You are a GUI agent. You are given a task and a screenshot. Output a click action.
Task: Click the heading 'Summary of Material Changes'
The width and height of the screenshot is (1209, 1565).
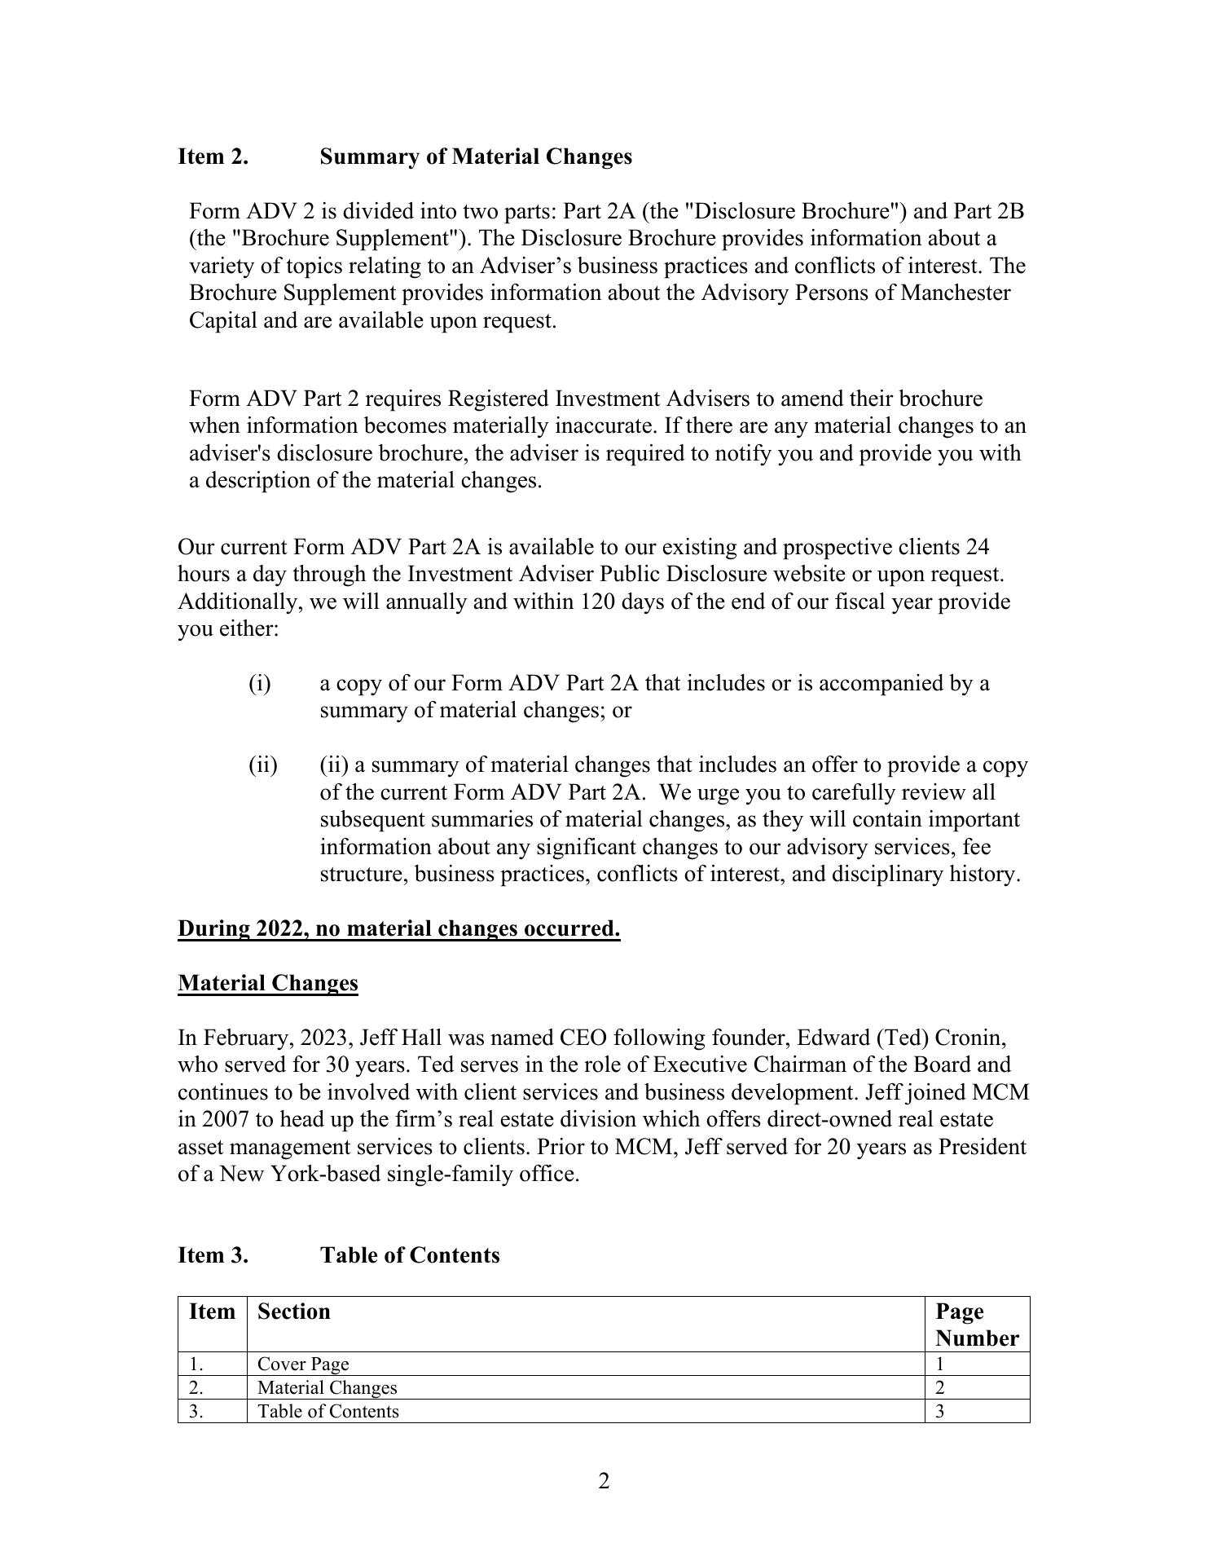[x=475, y=156]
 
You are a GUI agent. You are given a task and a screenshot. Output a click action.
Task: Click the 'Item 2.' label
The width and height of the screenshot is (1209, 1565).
[x=213, y=156]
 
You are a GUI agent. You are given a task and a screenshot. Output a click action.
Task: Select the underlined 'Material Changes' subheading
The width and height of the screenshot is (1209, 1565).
[x=267, y=983]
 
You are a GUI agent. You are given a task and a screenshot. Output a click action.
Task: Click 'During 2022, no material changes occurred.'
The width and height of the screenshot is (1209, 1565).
[x=398, y=928]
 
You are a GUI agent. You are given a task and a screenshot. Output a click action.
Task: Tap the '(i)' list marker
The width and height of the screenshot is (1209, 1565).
[x=259, y=683]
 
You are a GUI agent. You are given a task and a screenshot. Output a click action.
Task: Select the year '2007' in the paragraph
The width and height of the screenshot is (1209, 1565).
[x=216, y=1120]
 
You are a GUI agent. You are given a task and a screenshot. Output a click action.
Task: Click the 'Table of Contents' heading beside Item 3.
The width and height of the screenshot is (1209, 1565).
[x=409, y=1255]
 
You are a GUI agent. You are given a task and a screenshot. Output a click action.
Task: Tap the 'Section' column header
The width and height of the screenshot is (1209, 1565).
[x=293, y=1312]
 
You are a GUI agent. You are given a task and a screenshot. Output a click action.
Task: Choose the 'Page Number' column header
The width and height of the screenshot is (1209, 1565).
[x=976, y=1325]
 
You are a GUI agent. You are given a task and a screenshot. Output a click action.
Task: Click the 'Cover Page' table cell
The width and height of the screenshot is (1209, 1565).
[x=302, y=1364]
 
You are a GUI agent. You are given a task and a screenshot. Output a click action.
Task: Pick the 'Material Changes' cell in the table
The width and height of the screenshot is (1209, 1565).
[x=327, y=1387]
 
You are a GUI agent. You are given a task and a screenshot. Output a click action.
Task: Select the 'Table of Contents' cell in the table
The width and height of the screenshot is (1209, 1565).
[x=328, y=1411]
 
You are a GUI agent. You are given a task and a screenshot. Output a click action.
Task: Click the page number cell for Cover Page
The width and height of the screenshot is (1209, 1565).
[x=939, y=1364]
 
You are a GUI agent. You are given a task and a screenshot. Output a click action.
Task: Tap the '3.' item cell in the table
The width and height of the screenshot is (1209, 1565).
[x=196, y=1411]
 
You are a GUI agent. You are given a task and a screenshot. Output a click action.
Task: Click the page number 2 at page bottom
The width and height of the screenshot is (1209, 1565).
[x=604, y=1481]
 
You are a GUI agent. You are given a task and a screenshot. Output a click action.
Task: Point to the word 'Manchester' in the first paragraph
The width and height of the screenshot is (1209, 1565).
[x=955, y=293]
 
